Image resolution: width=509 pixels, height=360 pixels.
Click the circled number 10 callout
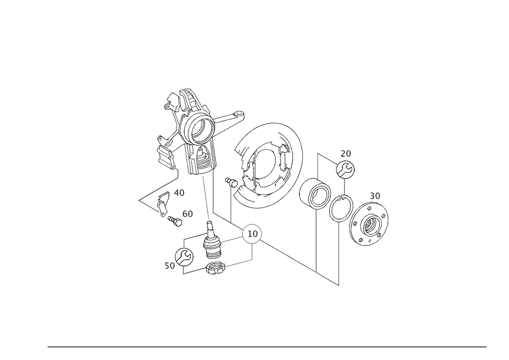click(x=252, y=233)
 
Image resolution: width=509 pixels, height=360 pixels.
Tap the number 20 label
click(x=346, y=154)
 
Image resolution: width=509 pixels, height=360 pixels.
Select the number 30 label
click(x=375, y=196)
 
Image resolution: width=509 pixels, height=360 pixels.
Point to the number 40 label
click(x=179, y=193)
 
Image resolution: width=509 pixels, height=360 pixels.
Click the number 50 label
click(x=170, y=266)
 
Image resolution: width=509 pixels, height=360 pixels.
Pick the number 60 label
click(x=188, y=214)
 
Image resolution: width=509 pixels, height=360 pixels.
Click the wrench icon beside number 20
click(x=345, y=170)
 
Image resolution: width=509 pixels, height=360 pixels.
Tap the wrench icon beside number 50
click(x=184, y=257)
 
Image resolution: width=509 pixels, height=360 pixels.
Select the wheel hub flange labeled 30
click(x=369, y=223)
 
